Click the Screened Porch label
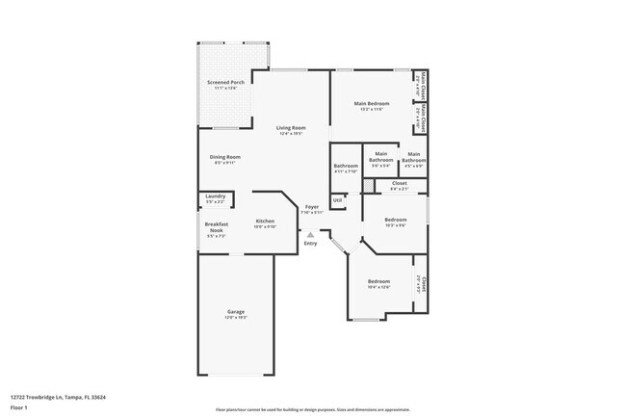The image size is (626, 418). (x=225, y=84)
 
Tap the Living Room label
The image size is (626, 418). (x=291, y=128)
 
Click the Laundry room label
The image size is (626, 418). (x=215, y=197)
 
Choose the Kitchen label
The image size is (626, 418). (x=265, y=222)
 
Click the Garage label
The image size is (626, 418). (x=236, y=313)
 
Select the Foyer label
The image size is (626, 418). (x=311, y=208)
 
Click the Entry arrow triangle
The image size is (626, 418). (x=310, y=233)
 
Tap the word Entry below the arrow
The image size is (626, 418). (x=310, y=243)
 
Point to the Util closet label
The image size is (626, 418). (x=337, y=200)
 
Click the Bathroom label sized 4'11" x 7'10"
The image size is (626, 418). (x=346, y=167)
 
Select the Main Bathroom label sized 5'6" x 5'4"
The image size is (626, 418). (x=381, y=158)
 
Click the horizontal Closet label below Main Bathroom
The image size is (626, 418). (x=399, y=184)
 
